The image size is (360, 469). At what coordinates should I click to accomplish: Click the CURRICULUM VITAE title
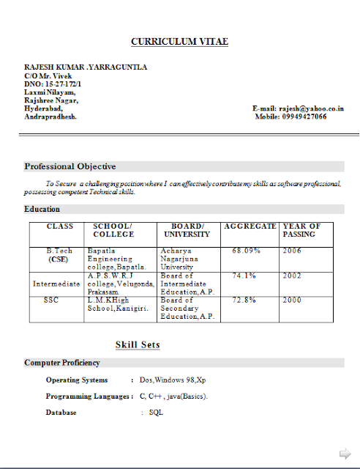[x=179, y=42]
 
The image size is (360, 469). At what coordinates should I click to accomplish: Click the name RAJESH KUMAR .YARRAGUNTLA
[x=86, y=67]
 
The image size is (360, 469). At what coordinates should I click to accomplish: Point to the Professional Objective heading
[x=70, y=166]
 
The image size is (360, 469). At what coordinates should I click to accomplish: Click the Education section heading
[x=42, y=209]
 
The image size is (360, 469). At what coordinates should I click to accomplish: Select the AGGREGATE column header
[x=250, y=226]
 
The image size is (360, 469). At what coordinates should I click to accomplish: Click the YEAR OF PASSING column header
[x=301, y=230]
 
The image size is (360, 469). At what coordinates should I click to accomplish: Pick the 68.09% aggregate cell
[x=247, y=251]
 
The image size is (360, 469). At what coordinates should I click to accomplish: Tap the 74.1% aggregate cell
[x=244, y=276]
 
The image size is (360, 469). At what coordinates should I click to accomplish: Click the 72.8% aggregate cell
[x=244, y=300]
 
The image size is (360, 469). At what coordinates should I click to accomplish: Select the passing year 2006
[x=292, y=251]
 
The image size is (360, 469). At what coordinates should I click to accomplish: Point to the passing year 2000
[x=292, y=300]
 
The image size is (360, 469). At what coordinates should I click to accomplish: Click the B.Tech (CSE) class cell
[x=59, y=255]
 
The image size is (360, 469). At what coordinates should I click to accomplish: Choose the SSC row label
[x=50, y=300]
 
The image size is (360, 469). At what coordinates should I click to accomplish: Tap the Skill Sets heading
[x=138, y=344]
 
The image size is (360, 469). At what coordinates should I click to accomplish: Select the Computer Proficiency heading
[x=62, y=363]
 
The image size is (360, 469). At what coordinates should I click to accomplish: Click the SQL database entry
[x=156, y=413]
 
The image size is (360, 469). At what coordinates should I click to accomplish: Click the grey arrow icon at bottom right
[x=343, y=452]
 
